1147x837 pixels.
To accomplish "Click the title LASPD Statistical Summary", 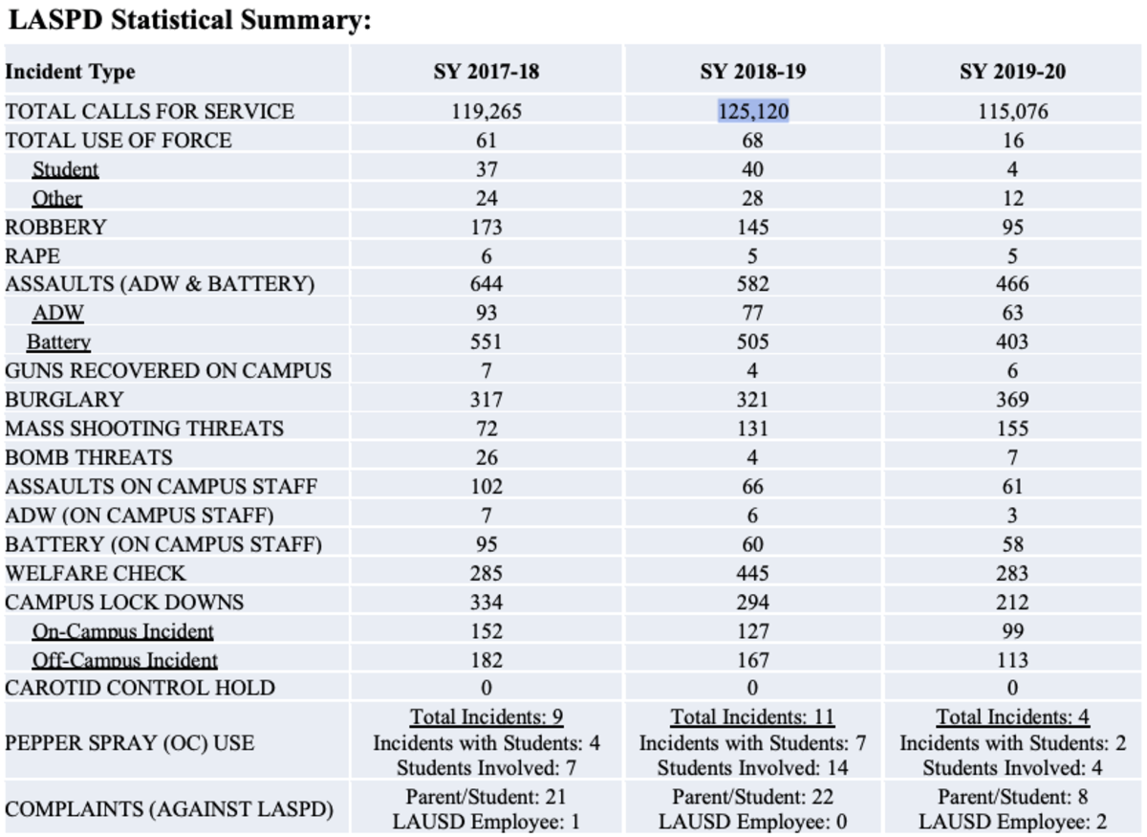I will [188, 20].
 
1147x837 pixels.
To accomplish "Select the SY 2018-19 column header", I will [752, 72].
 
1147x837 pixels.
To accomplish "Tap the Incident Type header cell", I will [70, 72].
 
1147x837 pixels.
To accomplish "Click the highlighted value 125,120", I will [753, 112].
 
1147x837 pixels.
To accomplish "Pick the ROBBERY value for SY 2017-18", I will [486, 228].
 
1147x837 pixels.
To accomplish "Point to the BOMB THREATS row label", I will [89, 457].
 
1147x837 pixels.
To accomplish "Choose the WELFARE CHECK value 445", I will [752, 573].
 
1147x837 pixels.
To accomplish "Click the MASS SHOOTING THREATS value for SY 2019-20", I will [1012, 429].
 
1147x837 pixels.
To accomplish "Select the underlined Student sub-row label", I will [65, 170].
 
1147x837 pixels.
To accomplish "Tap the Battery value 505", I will [752, 341].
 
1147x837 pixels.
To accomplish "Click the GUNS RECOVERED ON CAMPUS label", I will [168, 371].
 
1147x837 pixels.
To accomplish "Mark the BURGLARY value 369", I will [1012, 400].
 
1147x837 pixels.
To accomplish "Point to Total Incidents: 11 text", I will [752, 716].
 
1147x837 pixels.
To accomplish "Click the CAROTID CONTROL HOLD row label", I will [140, 688].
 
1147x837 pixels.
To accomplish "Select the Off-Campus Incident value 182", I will [486, 660].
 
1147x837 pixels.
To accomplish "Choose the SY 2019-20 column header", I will [1012, 72].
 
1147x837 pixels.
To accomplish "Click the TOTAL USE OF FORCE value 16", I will [1012, 141].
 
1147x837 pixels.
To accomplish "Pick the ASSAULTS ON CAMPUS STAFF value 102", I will [486, 486].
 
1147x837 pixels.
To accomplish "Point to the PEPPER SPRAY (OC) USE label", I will [129, 742].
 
